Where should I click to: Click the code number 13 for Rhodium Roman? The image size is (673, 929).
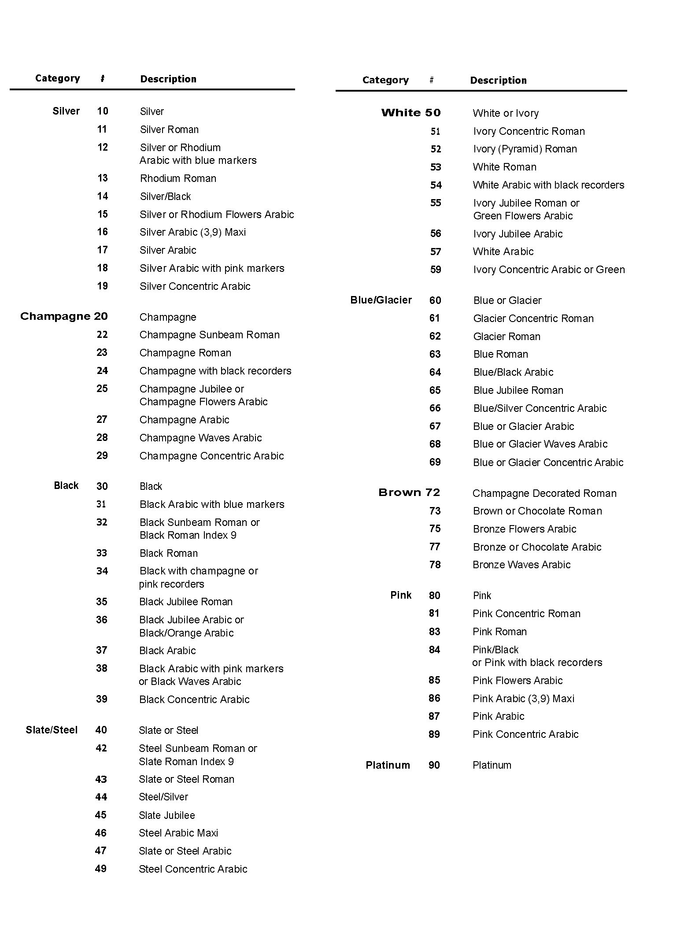tap(103, 178)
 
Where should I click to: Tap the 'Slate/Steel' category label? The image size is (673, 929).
tap(52, 730)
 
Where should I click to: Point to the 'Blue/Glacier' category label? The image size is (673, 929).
tap(381, 300)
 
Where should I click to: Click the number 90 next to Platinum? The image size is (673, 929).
tap(434, 765)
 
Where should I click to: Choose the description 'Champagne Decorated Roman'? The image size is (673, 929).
tap(544, 493)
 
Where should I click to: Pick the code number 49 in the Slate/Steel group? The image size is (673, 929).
tap(101, 869)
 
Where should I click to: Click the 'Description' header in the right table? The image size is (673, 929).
tap(498, 80)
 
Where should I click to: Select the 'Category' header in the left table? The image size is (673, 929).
tap(58, 78)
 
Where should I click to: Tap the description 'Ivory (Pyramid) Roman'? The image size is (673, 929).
tap(525, 149)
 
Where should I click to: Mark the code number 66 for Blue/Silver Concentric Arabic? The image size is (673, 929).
tap(435, 408)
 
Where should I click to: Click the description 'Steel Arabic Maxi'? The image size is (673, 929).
tap(178, 833)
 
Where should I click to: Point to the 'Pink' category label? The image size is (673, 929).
tap(401, 595)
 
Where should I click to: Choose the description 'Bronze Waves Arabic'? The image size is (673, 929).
tap(521, 565)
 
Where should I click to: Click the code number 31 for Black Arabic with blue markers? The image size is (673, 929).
tap(101, 504)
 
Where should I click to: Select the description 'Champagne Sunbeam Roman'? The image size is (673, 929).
tap(209, 335)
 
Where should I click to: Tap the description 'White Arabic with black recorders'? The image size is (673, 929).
tap(548, 185)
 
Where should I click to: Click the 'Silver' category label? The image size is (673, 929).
tap(66, 111)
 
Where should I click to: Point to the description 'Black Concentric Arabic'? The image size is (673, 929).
tap(194, 700)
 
